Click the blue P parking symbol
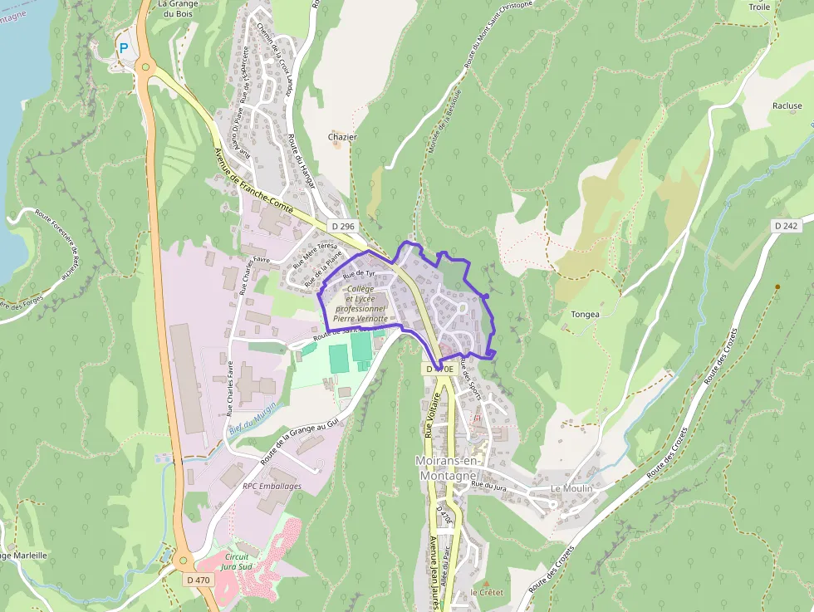124,49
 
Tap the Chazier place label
342,137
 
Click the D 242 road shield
785,226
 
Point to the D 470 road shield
199,580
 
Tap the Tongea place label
585,315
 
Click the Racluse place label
787,106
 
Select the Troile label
760,7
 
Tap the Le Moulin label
571,488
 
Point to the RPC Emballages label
272,486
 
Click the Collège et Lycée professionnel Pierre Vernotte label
360,303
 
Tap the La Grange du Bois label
177,9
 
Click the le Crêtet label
487,592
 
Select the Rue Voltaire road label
429,415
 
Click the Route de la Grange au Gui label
300,440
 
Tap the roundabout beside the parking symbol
146,67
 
